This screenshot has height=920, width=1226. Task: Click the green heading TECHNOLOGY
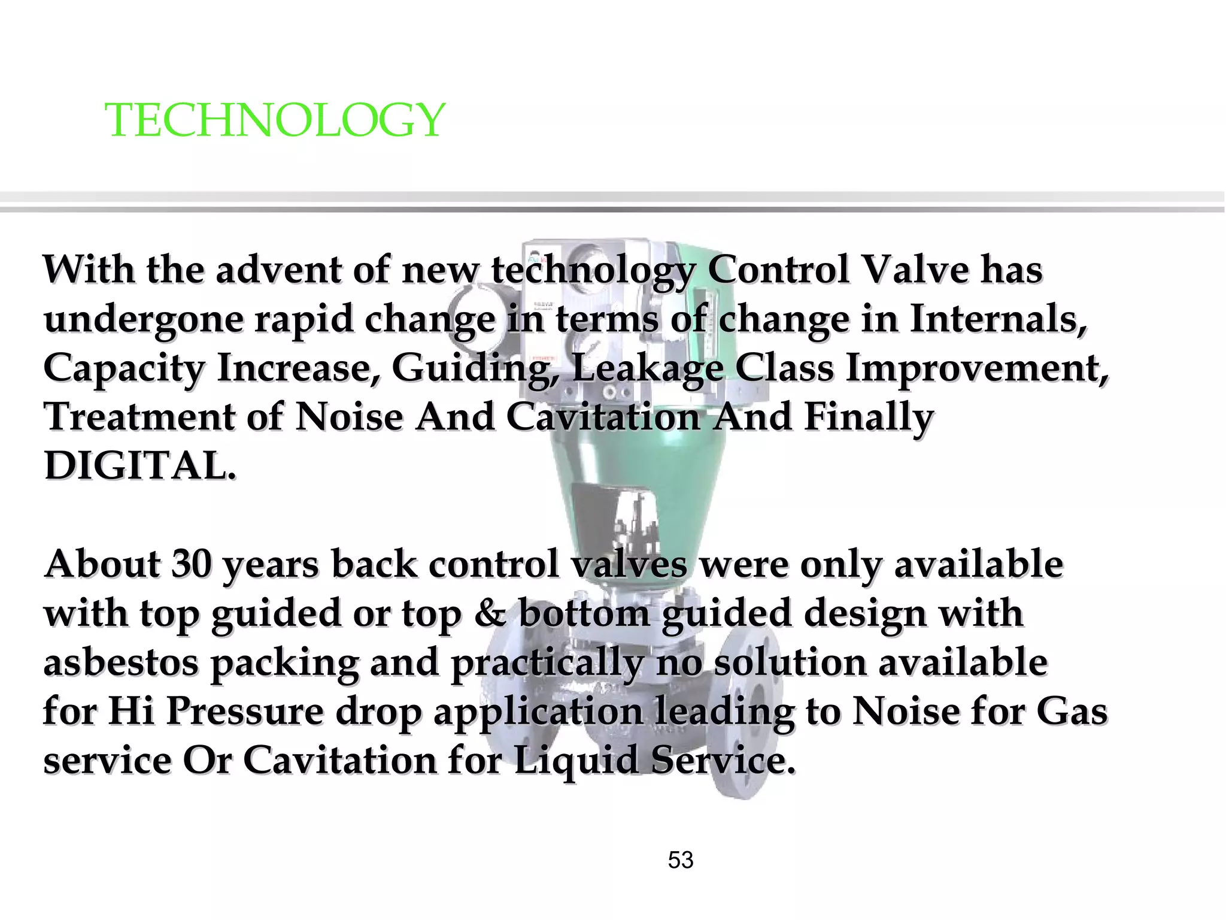pyautogui.click(x=275, y=120)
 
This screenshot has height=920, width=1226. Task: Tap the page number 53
pyautogui.click(x=680, y=860)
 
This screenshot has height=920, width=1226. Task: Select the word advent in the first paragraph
pyautogui.click(x=278, y=270)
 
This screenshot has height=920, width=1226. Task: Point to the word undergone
pyautogui.click(x=144, y=320)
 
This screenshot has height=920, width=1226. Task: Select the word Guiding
pyautogui.click(x=474, y=368)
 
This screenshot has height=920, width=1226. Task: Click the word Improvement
pyautogui.click(x=976, y=368)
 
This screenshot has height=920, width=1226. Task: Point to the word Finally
pyautogui.click(x=868, y=417)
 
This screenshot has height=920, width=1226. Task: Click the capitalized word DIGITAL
pyautogui.click(x=139, y=465)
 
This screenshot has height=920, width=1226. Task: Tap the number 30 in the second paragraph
pyautogui.click(x=191, y=564)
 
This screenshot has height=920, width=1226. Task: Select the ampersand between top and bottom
pyautogui.click(x=490, y=613)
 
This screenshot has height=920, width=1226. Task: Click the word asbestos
pyautogui.click(x=121, y=662)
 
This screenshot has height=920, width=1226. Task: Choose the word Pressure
pyautogui.click(x=244, y=712)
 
